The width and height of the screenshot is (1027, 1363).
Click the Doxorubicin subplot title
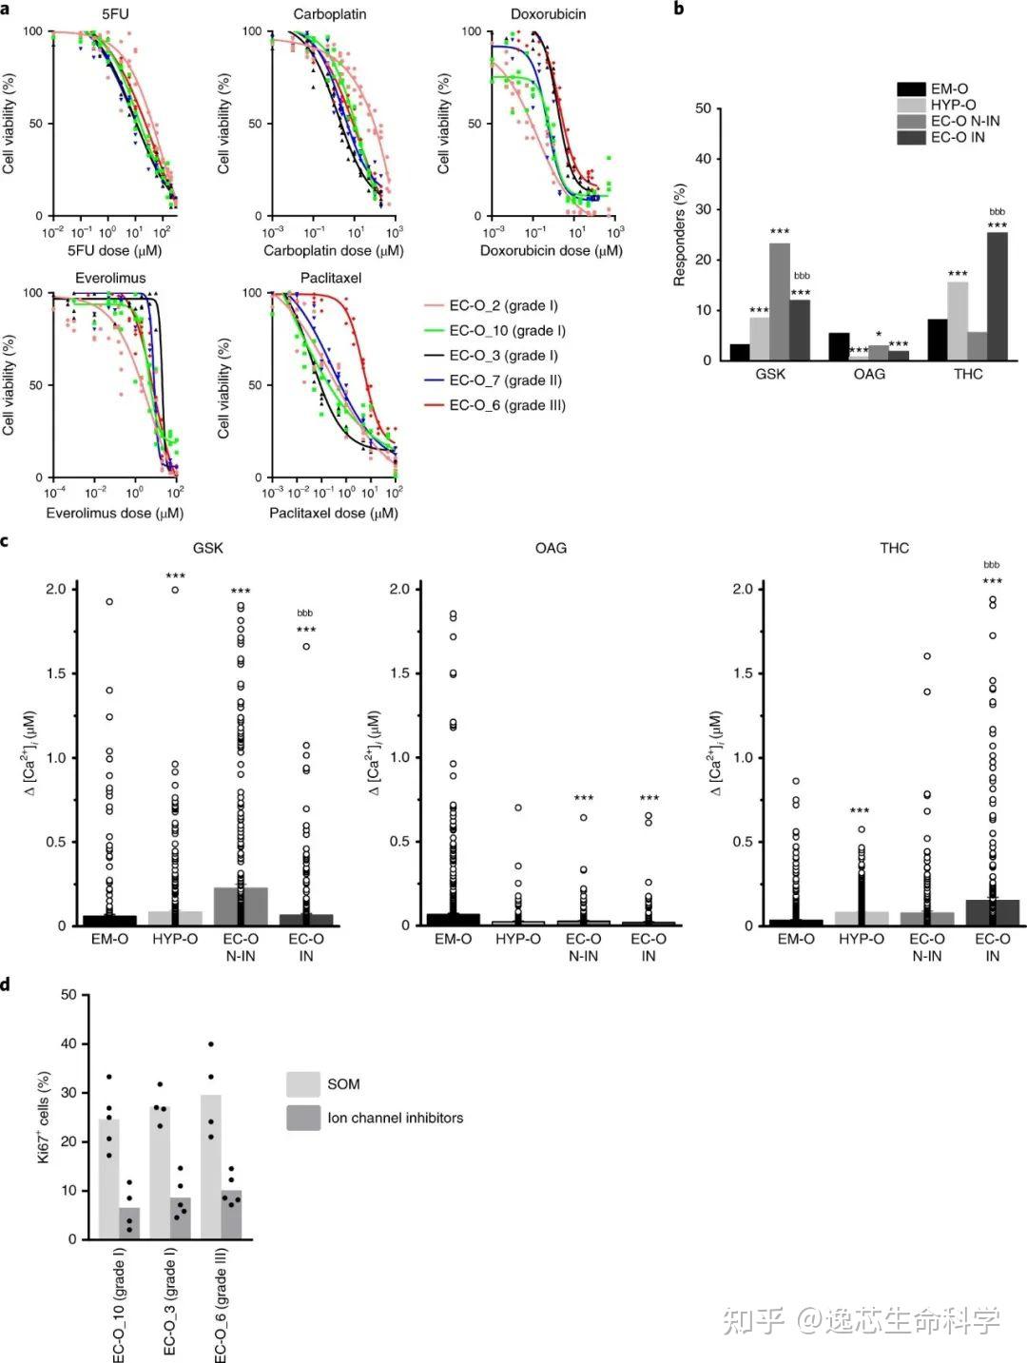[548, 14]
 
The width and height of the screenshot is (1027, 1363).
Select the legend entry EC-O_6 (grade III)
[507, 405]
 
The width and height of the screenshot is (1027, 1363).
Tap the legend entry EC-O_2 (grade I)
[503, 306]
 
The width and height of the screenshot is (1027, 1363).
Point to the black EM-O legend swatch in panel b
[912, 89]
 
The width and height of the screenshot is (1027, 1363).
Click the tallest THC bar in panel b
[997, 297]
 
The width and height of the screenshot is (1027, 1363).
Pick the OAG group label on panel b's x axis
[869, 374]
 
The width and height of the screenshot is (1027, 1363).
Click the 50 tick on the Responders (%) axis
[704, 108]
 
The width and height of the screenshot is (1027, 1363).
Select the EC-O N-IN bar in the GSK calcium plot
[241, 905]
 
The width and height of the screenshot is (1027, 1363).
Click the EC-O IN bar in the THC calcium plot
[992, 912]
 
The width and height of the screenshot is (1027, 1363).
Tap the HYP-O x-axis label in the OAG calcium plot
[518, 939]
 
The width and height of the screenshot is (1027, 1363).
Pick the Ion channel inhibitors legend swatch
[303, 1119]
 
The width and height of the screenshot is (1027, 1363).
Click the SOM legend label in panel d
[343, 1084]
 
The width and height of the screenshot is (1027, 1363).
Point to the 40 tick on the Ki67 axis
[68, 1043]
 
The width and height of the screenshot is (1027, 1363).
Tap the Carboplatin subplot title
[330, 14]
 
